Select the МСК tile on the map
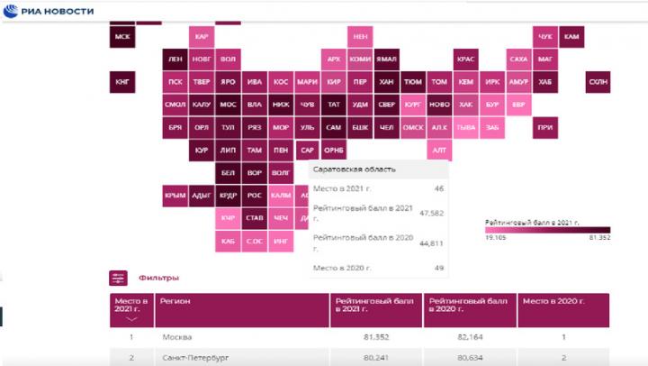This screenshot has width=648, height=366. (122, 37)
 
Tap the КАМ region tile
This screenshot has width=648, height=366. (571, 37)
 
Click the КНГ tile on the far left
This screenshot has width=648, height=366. (123, 82)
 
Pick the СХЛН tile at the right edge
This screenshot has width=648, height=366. (598, 82)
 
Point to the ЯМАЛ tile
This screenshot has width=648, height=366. (386, 59)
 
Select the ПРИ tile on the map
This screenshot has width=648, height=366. (544, 128)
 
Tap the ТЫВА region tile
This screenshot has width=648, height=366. (465, 128)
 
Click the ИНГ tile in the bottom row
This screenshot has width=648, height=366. (281, 241)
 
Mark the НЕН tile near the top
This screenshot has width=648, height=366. (360, 37)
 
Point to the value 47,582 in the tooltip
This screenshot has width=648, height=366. (431, 214)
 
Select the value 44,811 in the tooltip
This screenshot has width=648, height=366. (431, 242)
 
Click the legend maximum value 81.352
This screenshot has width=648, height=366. (598, 237)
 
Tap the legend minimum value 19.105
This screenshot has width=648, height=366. (496, 237)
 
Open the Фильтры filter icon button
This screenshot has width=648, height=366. (118, 278)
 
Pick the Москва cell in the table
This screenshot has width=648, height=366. (176, 337)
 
